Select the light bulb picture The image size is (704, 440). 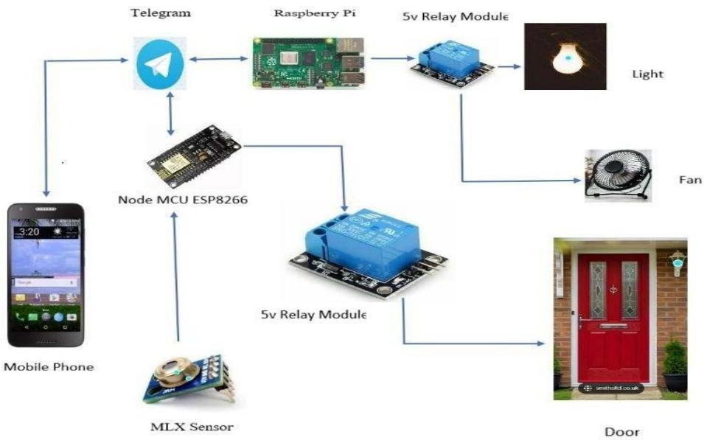pyautogui.click(x=564, y=56)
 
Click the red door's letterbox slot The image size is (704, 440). pyautogui.click(x=613, y=324)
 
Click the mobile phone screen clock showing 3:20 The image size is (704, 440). pyautogui.click(x=30, y=231)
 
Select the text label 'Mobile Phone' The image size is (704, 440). pyautogui.click(x=49, y=366)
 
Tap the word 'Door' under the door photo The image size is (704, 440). pyautogui.click(x=621, y=432)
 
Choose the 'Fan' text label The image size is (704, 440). pyautogui.click(x=690, y=180)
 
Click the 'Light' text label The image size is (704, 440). pyautogui.click(x=648, y=74)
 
